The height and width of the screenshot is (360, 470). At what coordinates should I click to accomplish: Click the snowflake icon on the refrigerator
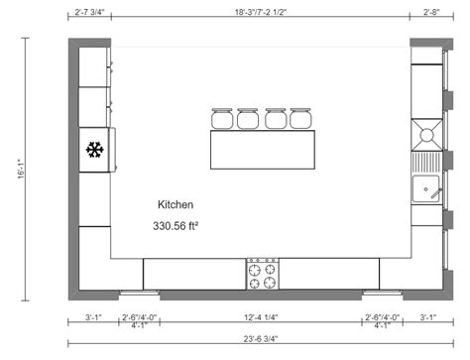[x=95, y=151]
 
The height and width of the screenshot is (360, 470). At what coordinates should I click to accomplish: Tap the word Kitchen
[x=176, y=204]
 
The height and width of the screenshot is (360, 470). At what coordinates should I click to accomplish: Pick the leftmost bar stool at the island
[x=221, y=119]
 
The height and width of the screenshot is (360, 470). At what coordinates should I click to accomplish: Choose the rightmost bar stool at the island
[x=301, y=119]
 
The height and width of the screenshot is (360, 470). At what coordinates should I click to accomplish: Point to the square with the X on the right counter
[x=428, y=133]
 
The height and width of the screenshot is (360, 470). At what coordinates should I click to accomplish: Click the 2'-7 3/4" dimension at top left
[x=90, y=14]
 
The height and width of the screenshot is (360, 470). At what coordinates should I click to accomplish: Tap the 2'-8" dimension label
[x=430, y=14]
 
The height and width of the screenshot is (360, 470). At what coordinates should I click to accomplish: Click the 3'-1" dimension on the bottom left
[x=94, y=317]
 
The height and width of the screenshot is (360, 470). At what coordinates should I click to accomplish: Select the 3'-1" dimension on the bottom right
[x=428, y=317]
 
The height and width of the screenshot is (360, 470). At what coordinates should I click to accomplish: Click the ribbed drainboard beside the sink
[x=428, y=158]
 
